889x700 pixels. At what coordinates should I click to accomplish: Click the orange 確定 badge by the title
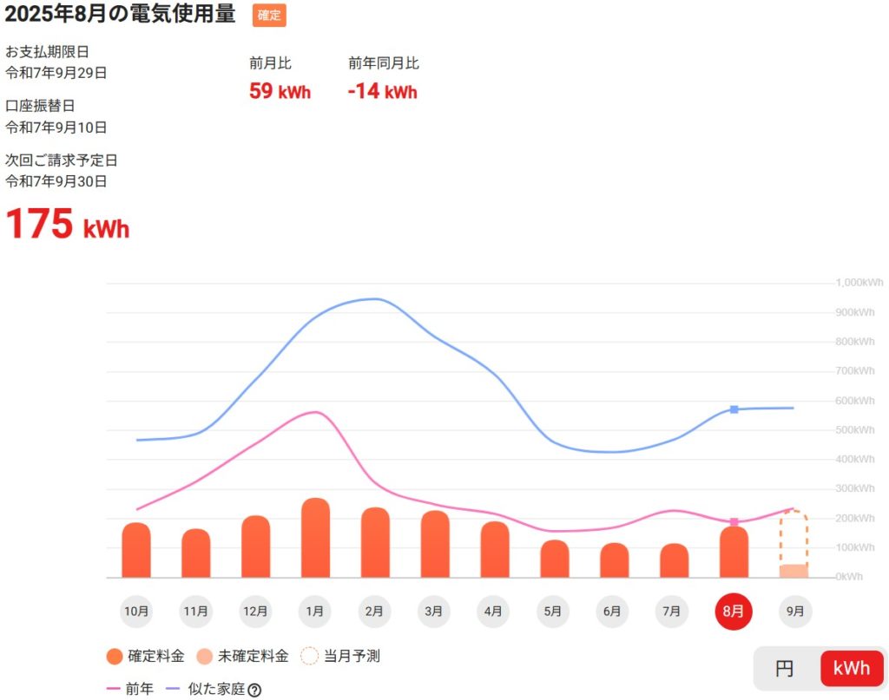click(x=269, y=16)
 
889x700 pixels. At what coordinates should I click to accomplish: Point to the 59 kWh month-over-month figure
click(x=280, y=91)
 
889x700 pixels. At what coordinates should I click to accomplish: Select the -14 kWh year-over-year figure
click(x=382, y=91)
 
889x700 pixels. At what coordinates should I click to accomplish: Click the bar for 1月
click(x=315, y=539)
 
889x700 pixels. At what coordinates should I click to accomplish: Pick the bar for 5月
click(x=554, y=559)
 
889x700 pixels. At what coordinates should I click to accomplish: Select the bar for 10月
click(x=136, y=551)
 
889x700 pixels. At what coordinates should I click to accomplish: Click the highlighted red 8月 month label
click(x=734, y=612)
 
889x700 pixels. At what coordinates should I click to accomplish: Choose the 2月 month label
click(x=375, y=612)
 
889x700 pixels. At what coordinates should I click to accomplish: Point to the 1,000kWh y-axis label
click(x=859, y=283)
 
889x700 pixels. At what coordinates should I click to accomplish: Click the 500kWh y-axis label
click(x=855, y=430)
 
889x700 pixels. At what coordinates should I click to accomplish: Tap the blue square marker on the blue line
click(x=734, y=409)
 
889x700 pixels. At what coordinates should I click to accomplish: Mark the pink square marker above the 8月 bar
click(x=734, y=522)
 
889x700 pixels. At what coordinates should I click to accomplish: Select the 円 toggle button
click(x=785, y=669)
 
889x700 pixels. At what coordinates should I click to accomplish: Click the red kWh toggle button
click(x=851, y=669)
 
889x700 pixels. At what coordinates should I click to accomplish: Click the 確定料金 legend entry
click(x=145, y=657)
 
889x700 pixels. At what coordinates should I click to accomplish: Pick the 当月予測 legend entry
click(x=340, y=657)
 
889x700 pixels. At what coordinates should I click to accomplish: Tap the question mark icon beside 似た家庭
click(x=254, y=690)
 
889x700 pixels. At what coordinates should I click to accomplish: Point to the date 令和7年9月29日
click(x=56, y=73)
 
